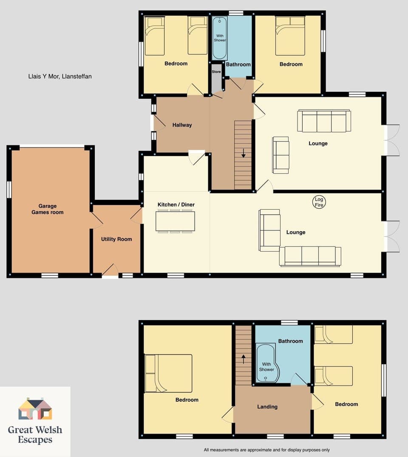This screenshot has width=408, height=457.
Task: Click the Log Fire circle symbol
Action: point(319,202)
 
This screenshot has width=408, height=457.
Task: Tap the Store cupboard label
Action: point(216,72)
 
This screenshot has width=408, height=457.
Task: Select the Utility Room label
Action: point(116,239)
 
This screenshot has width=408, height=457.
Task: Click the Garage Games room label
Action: point(48,209)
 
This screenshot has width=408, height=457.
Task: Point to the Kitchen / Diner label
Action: point(176,205)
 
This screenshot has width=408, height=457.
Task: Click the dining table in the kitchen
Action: point(175,221)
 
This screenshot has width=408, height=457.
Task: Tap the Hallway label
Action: point(182,125)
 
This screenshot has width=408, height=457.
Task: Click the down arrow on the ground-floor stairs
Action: point(243,153)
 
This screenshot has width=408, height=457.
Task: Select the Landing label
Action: point(267,407)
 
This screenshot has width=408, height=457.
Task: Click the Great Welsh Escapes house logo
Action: point(35,409)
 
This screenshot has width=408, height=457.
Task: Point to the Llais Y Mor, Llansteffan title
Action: point(58,77)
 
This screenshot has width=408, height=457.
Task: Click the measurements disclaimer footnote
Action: point(266,450)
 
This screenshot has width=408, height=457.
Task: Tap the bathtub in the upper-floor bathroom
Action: point(268,364)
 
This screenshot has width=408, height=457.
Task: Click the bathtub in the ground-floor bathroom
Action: point(219,38)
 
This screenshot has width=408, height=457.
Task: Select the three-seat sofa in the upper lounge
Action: point(324,121)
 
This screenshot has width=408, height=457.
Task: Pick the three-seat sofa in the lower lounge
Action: point(310,256)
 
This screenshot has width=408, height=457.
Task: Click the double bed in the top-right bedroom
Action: point(290,36)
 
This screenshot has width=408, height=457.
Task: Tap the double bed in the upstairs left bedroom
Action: point(168,373)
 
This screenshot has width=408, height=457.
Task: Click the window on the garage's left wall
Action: point(9,190)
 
